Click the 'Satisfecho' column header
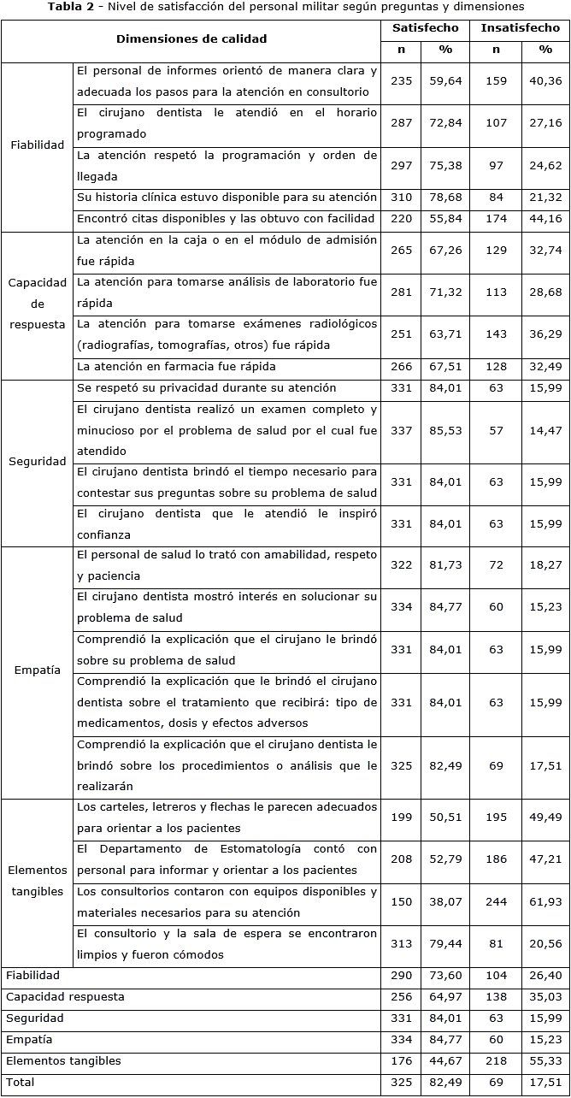coord(425,28)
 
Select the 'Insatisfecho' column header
coord(521,28)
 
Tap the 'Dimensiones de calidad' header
coord(191,38)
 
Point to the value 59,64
coord(445,81)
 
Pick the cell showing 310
coord(401,198)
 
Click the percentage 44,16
coord(545,219)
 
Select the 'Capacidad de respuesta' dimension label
coord(38,304)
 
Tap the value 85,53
coord(445,430)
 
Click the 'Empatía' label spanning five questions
coord(38,670)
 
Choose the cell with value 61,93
coord(545,902)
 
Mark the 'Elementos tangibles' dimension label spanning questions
coord(38,881)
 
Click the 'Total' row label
coord(20,1082)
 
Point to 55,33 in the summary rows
coord(545,1061)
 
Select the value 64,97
coord(445,997)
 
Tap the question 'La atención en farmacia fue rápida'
coord(176,367)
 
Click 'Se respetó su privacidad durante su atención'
coord(206,388)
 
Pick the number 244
coord(497,902)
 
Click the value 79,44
coord(445,944)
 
